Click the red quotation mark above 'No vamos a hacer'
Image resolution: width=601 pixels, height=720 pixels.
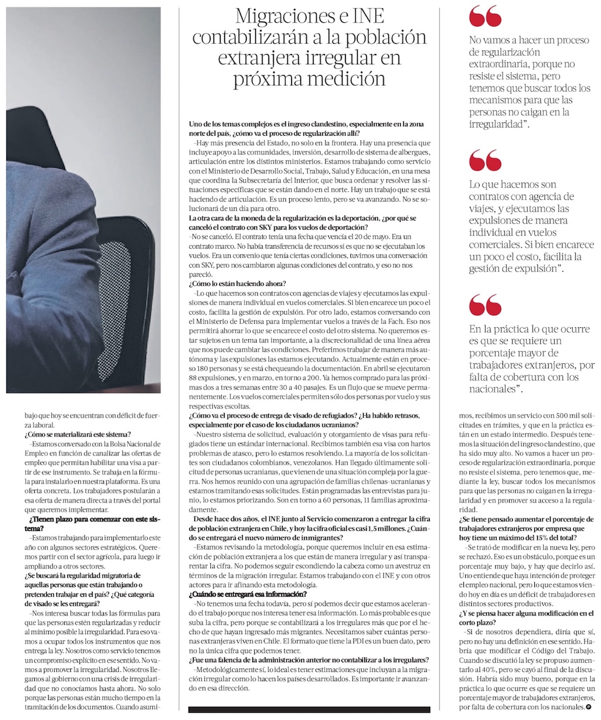click(x=485, y=16)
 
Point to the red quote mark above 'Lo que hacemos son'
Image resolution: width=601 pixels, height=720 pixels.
click(x=485, y=161)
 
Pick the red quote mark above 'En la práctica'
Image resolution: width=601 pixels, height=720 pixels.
click(x=485, y=305)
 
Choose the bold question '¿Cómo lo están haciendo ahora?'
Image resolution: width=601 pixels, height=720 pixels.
click(x=237, y=283)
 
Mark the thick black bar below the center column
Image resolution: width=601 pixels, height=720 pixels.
click(x=309, y=709)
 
